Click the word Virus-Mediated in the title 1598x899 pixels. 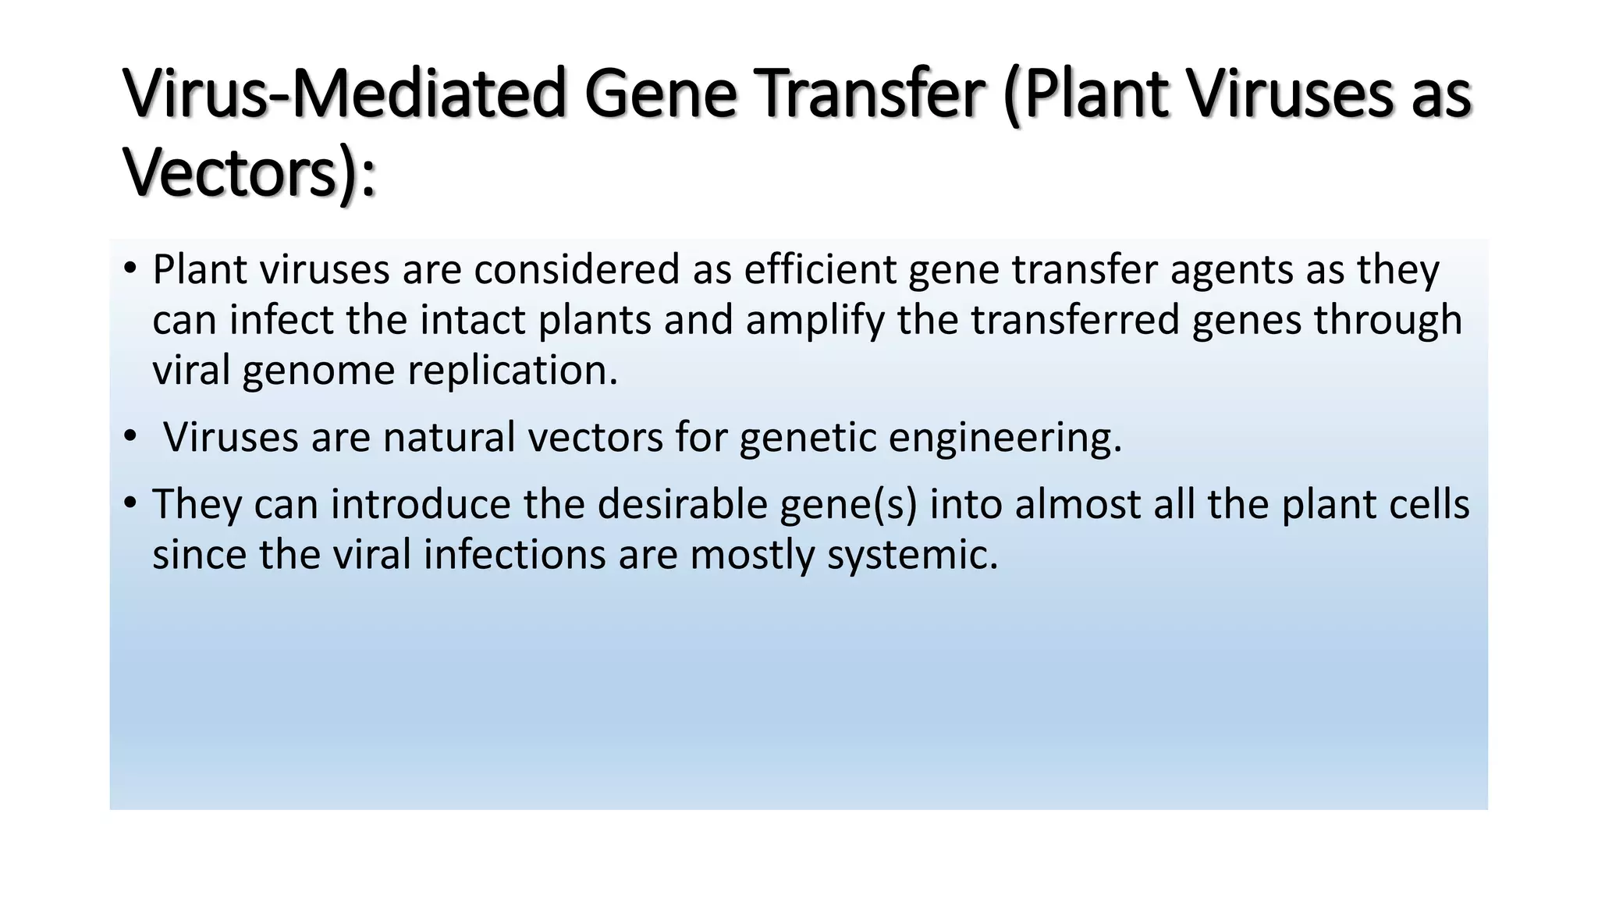point(343,94)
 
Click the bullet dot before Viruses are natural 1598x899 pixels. point(130,438)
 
